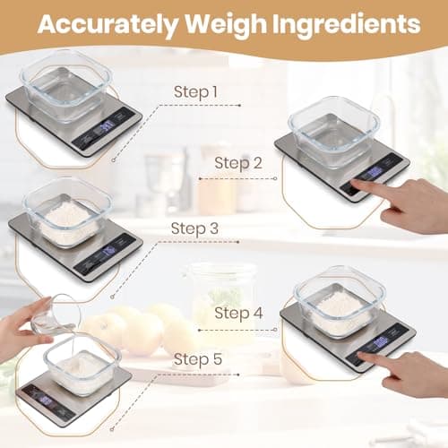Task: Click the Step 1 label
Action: point(196,91)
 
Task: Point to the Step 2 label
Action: point(239,163)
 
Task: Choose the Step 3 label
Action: point(195,228)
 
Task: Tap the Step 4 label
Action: point(239,314)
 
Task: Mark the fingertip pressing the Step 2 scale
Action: point(355,184)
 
